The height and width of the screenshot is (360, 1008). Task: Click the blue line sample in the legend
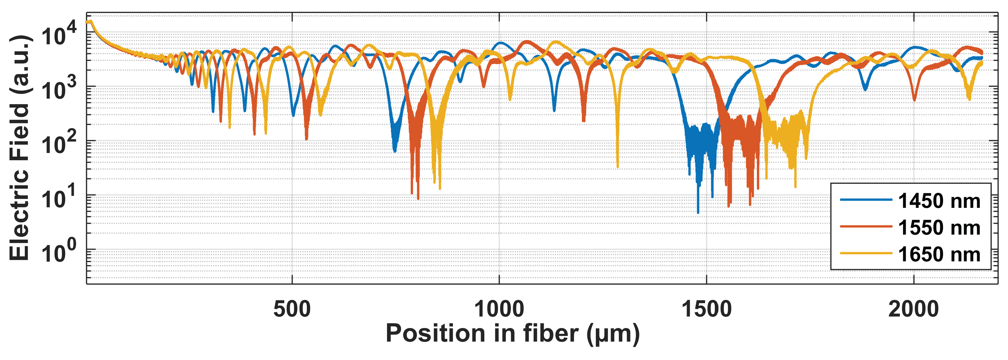[866, 200]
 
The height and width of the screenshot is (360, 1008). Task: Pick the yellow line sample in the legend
[866, 254]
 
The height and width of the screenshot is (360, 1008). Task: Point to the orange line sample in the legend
[866, 227]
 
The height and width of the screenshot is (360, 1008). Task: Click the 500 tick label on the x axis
[292, 309]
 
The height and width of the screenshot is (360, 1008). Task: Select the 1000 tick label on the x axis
[499, 309]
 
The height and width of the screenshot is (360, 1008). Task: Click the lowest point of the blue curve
[698, 213]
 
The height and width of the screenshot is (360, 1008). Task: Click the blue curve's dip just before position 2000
[865, 89]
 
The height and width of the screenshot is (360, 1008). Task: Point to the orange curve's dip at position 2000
[914, 100]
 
